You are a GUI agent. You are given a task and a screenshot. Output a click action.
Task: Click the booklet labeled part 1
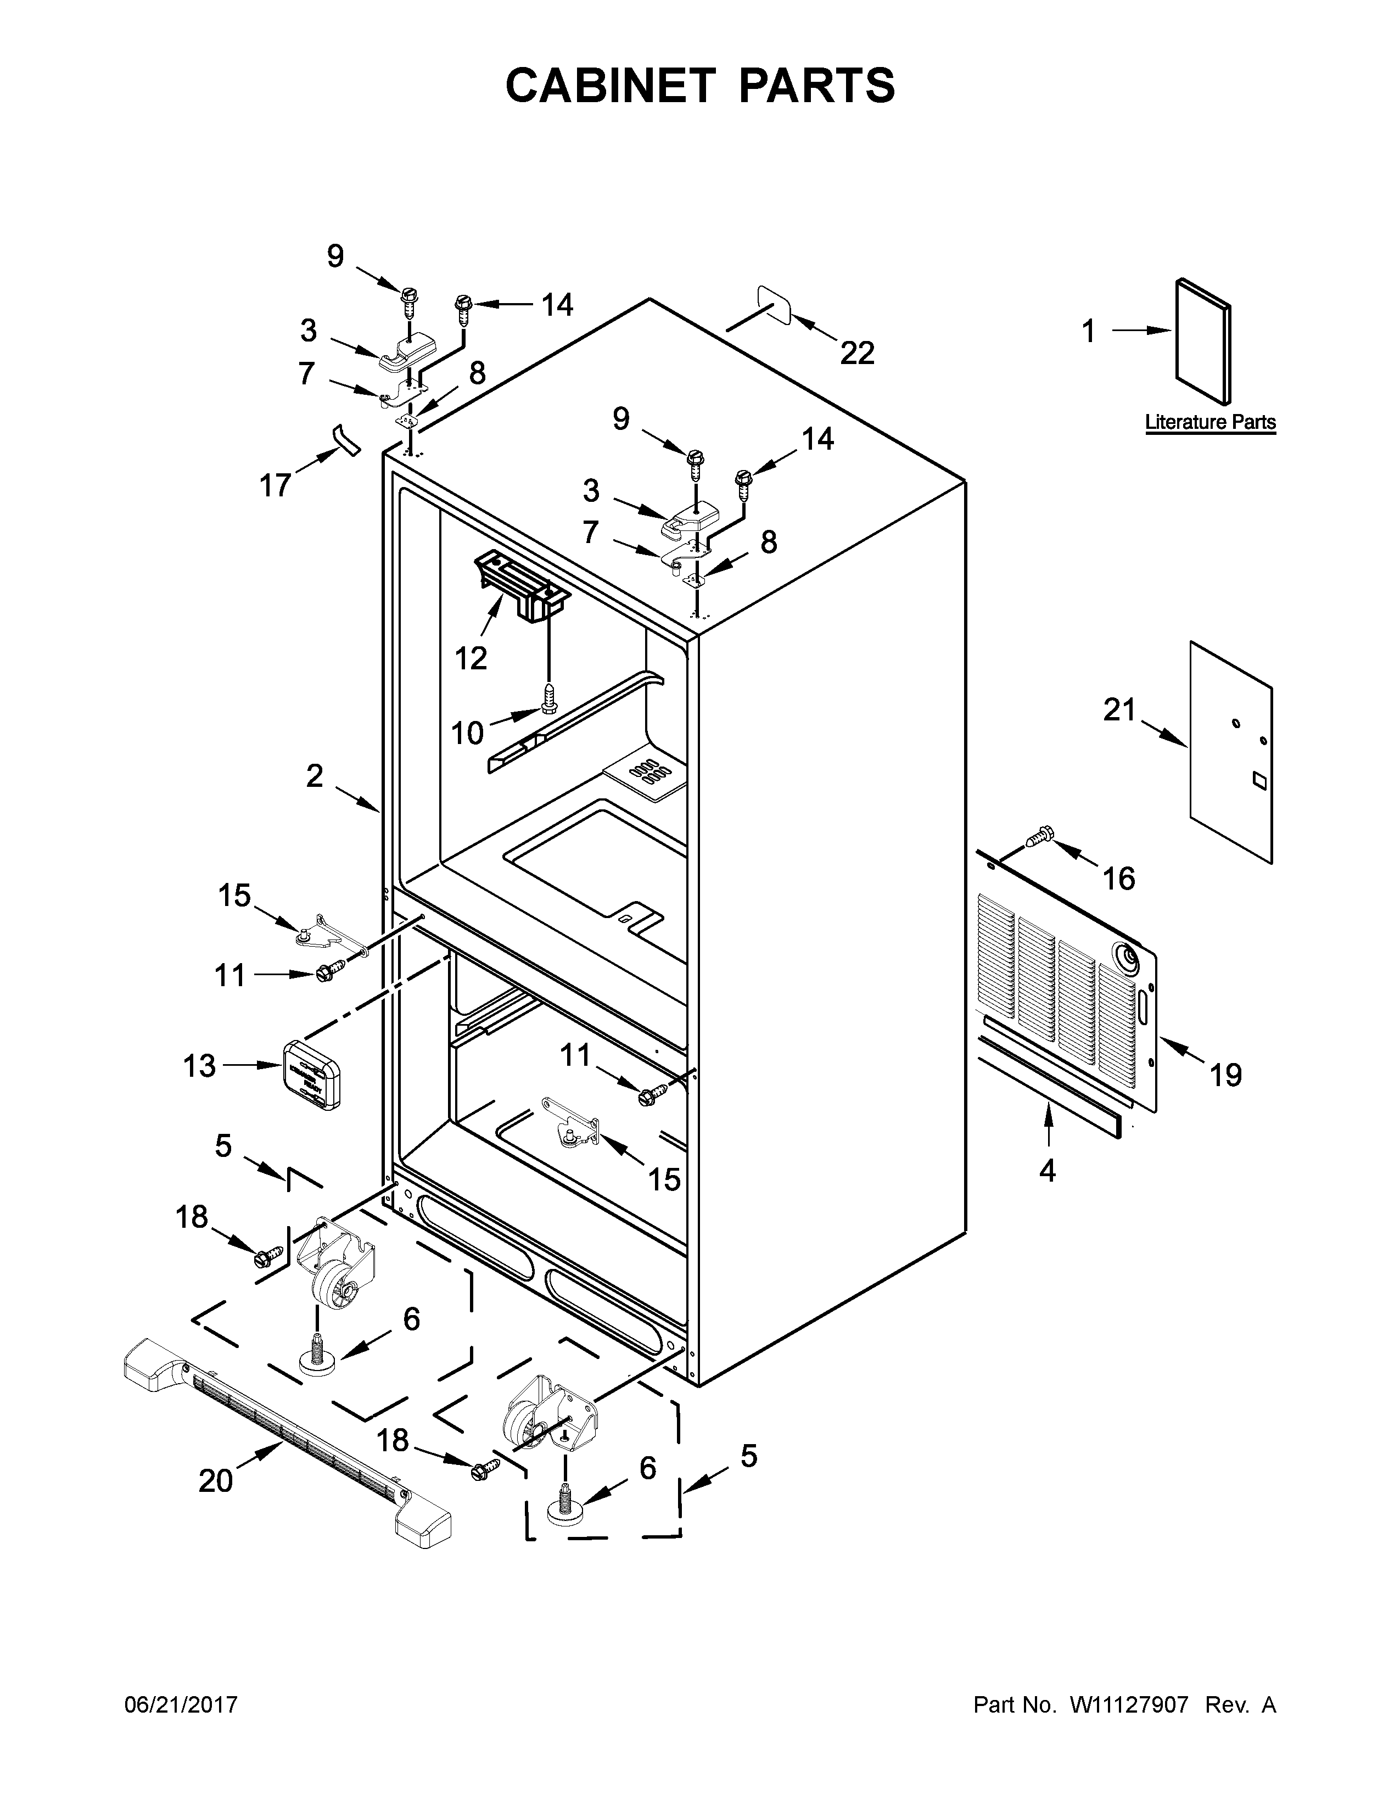(1202, 342)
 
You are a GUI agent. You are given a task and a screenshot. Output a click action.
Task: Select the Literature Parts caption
(1210, 422)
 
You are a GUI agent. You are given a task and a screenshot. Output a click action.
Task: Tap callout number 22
(857, 354)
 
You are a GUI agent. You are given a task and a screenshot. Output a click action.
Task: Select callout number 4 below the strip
(1048, 1171)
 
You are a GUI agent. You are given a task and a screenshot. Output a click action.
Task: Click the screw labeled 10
(547, 698)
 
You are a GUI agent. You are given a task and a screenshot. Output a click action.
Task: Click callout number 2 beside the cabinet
(315, 776)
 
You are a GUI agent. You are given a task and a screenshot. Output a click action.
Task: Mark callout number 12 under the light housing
(471, 658)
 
